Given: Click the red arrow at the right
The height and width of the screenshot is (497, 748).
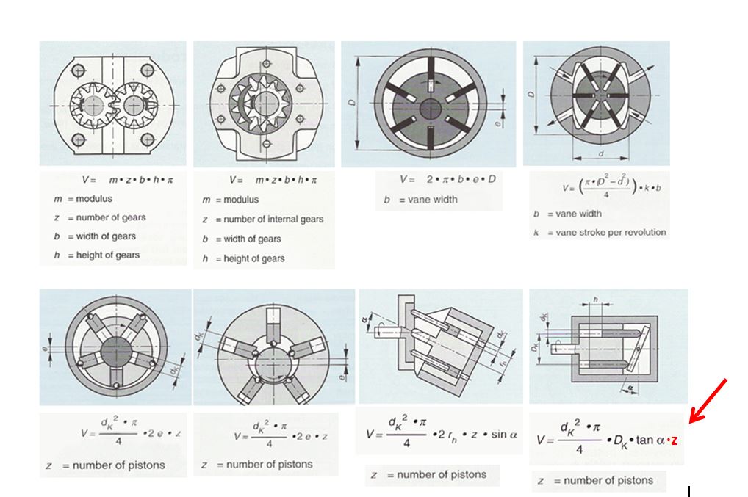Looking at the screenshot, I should pyautogui.click(x=709, y=400).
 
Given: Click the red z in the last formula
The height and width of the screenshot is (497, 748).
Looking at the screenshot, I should pyautogui.click(x=674, y=440).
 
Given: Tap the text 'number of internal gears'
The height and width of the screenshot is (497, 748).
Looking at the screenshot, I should pyautogui.click(x=273, y=219).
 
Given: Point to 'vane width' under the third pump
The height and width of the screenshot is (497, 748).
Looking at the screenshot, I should pyautogui.click(x=432, y=200).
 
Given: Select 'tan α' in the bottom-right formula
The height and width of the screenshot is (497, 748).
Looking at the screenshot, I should pyautogui.click(x=650, y=440).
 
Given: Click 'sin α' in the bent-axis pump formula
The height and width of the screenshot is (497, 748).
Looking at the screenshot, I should pyautogui.click(x=504, y=434).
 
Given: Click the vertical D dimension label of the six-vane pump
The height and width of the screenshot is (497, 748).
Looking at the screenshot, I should pyautogui.click(x=352, y=104).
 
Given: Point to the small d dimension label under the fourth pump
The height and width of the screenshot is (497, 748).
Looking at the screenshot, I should pyautogui.click(x=601, y=153).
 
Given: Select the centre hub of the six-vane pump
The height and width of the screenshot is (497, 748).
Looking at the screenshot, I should pyautogui.click(x=428, y=107).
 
